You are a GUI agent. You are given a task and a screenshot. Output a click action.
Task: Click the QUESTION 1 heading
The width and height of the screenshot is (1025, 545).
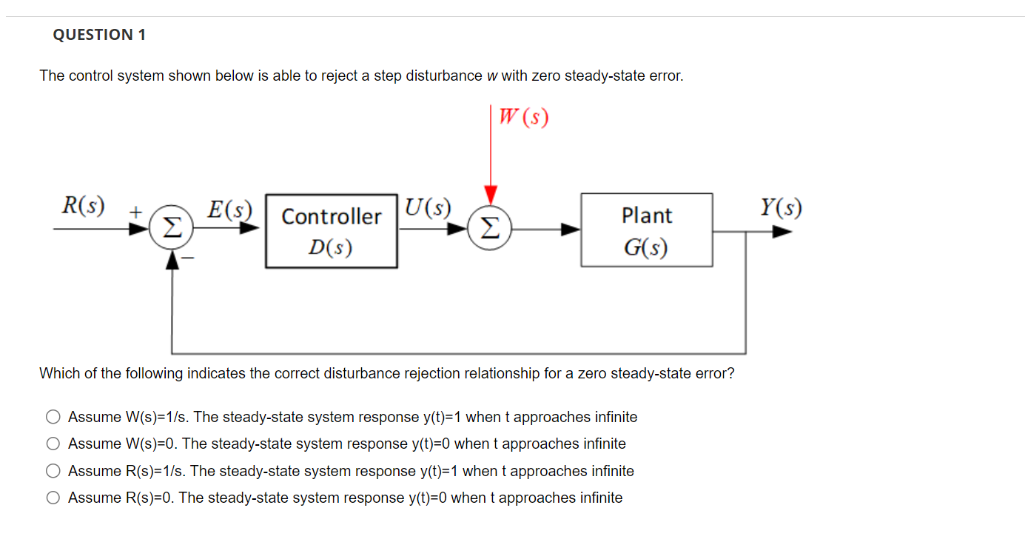[99, 35]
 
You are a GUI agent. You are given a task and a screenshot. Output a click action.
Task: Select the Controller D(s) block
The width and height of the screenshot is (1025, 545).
[331, 230]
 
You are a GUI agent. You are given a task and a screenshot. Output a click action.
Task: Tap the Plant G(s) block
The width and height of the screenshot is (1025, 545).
[646, 230]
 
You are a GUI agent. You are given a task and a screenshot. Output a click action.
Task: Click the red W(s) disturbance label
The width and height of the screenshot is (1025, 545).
[523, 118]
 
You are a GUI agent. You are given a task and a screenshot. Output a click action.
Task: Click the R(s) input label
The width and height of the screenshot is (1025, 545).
[82, 205]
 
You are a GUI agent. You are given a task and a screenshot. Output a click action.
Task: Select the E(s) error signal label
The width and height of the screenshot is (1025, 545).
[229, 209]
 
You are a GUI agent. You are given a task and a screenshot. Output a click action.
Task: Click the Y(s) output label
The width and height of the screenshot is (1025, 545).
[780, 207]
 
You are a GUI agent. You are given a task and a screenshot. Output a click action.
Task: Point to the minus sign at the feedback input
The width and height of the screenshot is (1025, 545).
[188, 258]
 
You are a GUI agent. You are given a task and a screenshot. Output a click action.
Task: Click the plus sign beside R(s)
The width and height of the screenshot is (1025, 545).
[135, 211]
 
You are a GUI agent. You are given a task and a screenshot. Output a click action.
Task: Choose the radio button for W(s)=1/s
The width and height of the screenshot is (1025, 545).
[53, 417]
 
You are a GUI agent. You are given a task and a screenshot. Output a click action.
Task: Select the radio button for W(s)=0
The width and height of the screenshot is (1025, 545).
[53, 444]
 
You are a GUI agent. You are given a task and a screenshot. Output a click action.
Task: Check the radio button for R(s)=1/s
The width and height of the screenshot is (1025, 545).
[53, 471]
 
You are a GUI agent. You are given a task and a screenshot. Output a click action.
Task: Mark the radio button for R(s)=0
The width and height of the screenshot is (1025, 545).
[53, 498]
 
